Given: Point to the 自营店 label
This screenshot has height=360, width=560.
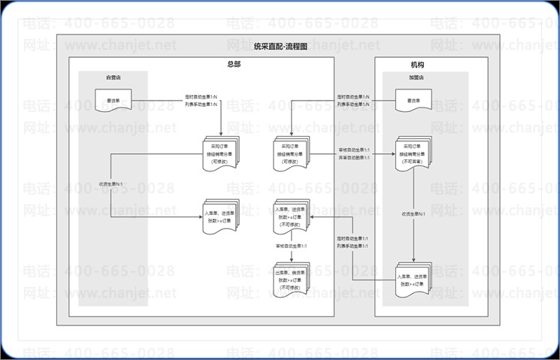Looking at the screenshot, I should (x=113, y=77).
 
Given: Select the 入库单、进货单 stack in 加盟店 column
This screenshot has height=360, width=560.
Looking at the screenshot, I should (x=414, y=279).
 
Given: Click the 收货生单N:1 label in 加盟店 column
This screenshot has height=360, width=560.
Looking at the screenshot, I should (x=413, y=214).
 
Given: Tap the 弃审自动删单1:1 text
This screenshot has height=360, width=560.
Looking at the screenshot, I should (x=353, y=159).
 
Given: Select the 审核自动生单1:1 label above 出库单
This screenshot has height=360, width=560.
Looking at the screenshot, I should (x=290, y=246).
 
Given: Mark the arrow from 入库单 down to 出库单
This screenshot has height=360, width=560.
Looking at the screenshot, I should (x=291, y=254).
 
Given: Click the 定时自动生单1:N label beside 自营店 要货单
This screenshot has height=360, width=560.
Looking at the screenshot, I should (x=201, y=96).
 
